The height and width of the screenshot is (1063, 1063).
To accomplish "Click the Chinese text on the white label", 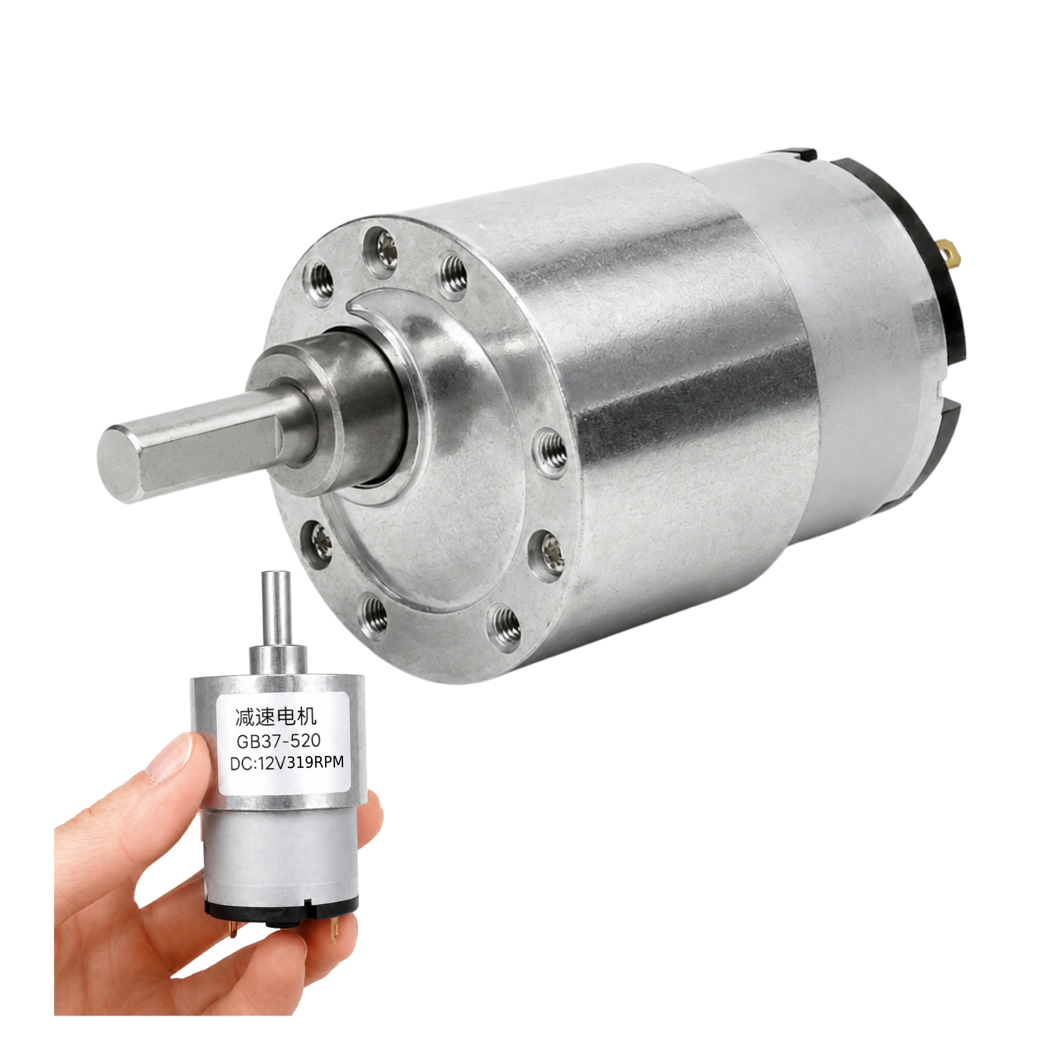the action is pos(276,718).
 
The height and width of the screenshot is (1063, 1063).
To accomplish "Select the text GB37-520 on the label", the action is pos(278,741).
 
